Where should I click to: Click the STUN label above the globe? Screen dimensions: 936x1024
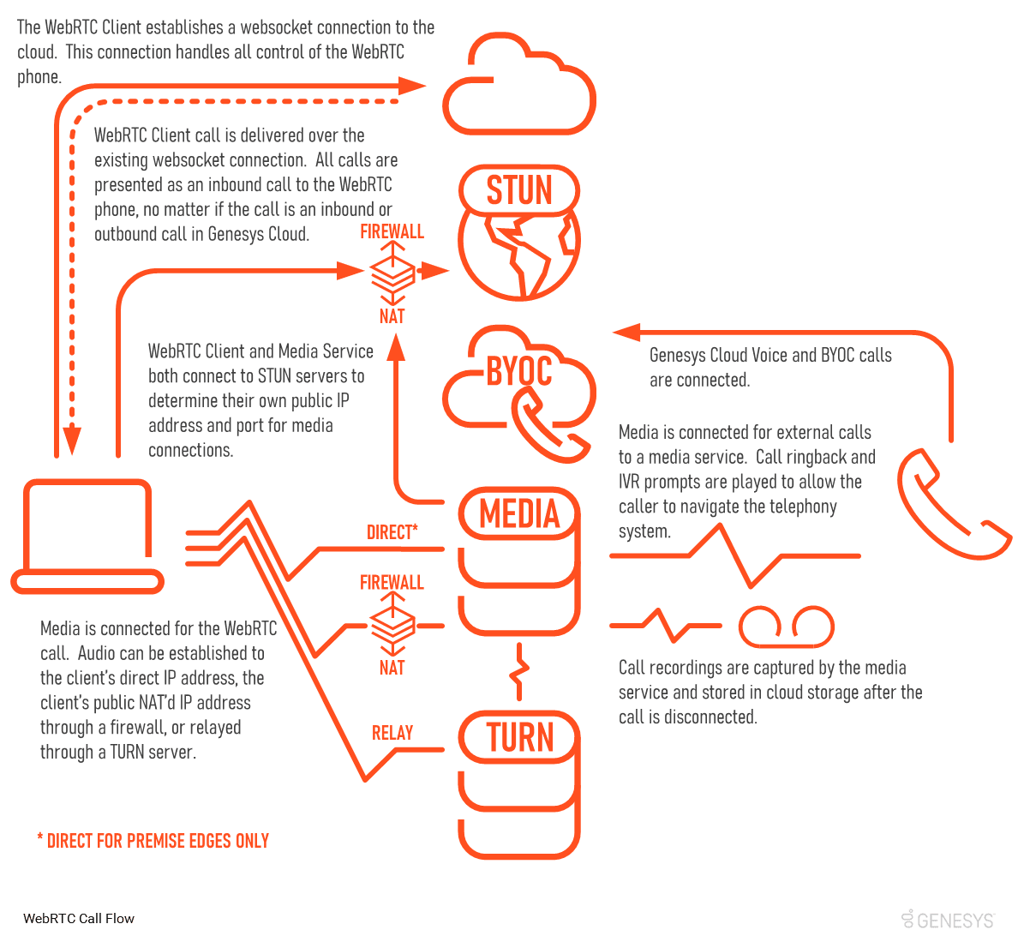(519, 190)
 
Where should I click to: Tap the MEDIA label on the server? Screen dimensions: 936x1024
(519, 514)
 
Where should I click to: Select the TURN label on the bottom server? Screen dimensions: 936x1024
(520, 737)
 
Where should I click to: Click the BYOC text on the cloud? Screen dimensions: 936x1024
(519, 371)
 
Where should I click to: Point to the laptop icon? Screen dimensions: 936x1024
(87, 536)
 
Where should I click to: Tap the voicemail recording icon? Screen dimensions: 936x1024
(787, 627)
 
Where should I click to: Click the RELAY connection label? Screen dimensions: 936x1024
(392, 733)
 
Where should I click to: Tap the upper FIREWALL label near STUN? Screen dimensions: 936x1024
(392, 231)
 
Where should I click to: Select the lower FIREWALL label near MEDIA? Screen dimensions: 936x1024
(392, 583)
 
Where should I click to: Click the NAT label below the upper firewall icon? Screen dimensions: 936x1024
(392, 316)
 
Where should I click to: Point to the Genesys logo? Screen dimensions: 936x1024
(949, 920)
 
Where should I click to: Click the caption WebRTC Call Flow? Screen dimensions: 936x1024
(79, 919)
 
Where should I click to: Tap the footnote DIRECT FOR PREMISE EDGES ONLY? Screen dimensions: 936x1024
(153, 841)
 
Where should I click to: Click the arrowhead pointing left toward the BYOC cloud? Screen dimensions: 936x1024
(626, 332)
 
